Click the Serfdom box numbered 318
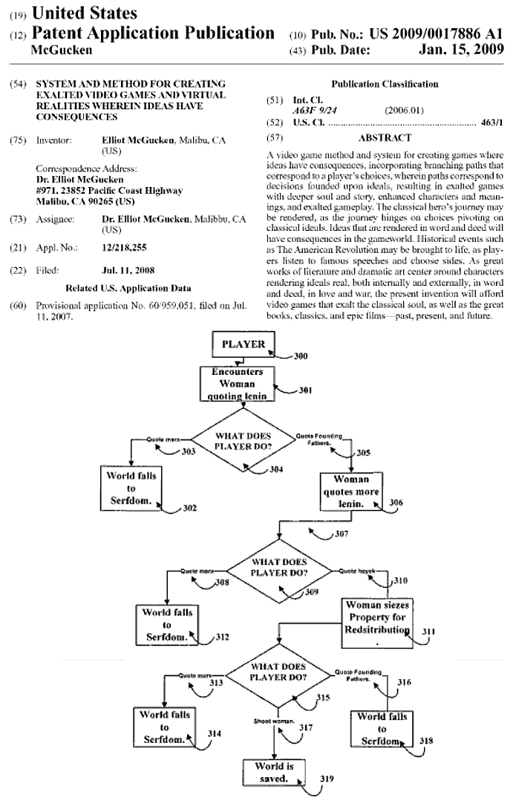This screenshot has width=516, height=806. (x=382, y=728)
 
